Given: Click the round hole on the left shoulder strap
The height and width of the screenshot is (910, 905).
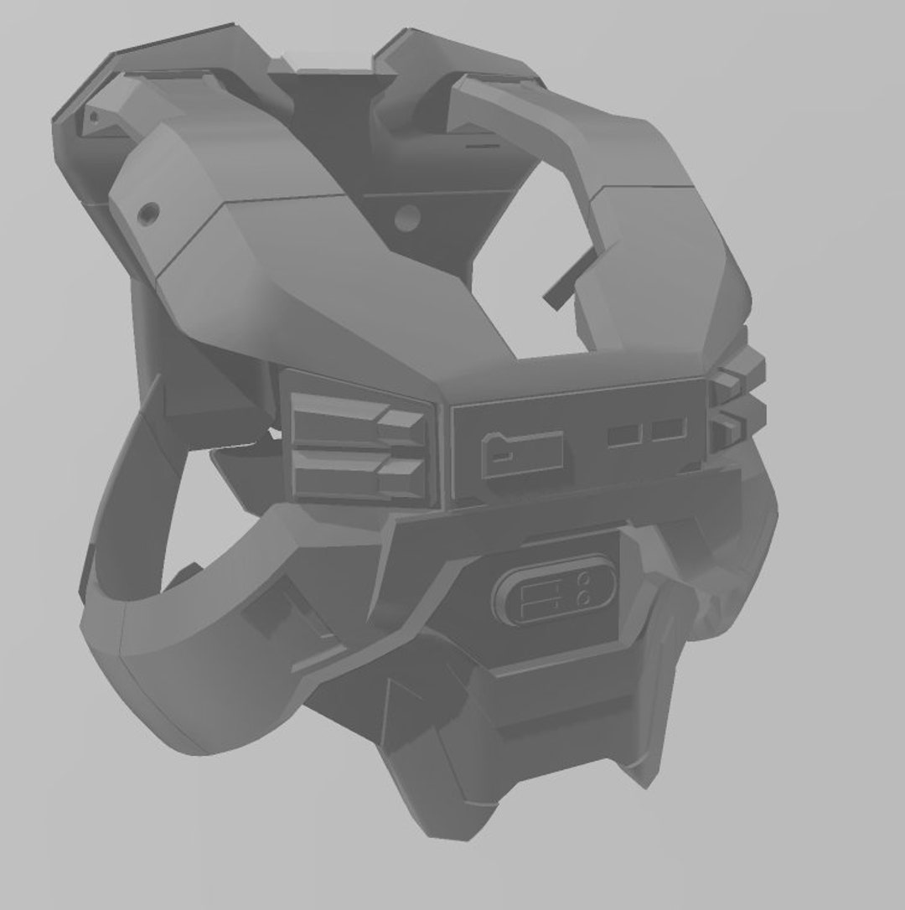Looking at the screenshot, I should tap(149, 213).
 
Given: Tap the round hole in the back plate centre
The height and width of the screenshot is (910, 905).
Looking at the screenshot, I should tap(408, 218).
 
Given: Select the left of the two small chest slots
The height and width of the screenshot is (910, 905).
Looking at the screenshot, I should tap(625, 435).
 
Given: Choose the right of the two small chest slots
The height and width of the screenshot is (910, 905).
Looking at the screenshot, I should tap(669, 430).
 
